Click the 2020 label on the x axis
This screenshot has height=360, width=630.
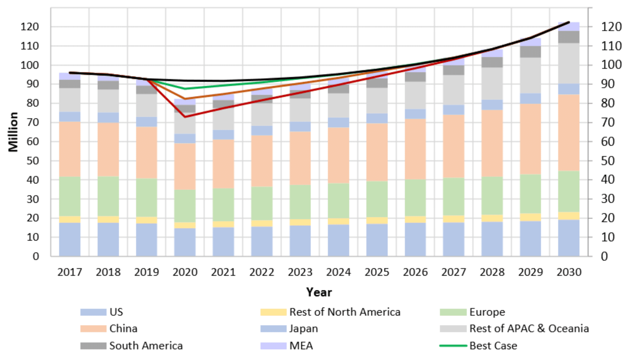point(185,272)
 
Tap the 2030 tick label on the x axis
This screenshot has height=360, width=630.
point(569,272)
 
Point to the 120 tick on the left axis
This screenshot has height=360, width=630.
point(30,26)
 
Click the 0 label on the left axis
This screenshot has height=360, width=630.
point(36,256)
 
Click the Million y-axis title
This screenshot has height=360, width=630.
point(13,132)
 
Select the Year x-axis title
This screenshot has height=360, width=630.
point(319,292)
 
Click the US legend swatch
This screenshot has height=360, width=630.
point(93,312)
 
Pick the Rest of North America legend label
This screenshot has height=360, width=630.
point(345,312)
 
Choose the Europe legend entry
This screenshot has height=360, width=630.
point(487,312)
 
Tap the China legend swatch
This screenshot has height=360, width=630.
point(93,329)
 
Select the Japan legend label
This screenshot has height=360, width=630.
point(303,329)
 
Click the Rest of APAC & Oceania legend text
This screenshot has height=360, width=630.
point(529,329)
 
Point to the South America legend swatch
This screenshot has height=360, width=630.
point(93,346)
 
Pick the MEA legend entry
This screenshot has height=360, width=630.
point(301,346)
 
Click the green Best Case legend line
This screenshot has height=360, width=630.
point(453,346)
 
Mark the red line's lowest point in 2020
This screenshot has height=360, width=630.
point(185,117)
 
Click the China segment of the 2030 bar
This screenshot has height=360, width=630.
point(569,132)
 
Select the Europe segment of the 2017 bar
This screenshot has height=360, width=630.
point(70,196)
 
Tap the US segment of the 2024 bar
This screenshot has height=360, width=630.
point(339,240)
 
